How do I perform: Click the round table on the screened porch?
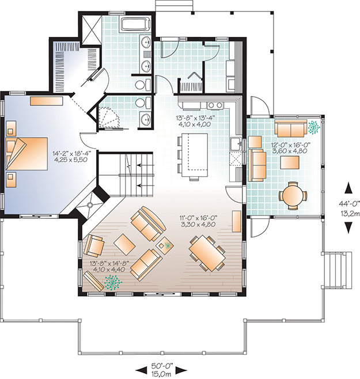click(293, 195)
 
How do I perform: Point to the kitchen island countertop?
click(195, 155)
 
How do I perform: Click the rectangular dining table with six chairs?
click(207, 253)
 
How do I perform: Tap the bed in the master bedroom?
click(26, 154)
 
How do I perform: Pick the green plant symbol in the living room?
click(113, 282)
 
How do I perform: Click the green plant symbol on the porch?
click(314, 127)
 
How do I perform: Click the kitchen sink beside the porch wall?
click(236, 145)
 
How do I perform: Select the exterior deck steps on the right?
click(337, 270)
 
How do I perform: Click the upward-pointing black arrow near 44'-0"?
click(348, 188)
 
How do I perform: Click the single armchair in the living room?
click(94, 245)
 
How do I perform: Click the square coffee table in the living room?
click(124, 244)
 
